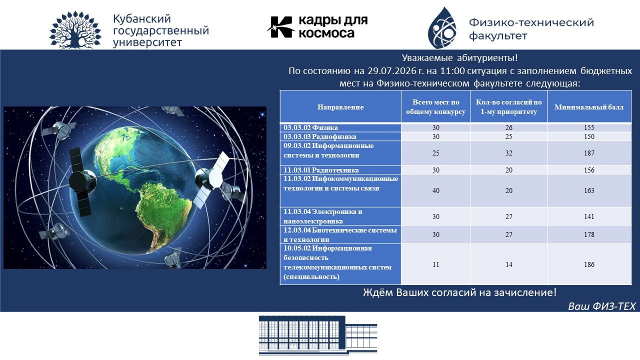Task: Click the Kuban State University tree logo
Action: click(x=75, y=29)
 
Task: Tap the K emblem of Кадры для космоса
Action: click(x=281, y=27)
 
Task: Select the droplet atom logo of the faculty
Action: click(x=442, y=27)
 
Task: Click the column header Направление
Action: click(x=340, y=107)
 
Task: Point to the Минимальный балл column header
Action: click(x=589, y=107)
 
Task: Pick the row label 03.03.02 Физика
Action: click(x=310, y=127)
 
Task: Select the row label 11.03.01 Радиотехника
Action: click(x=321, y=170)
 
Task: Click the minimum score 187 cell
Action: click(x=589, y=153)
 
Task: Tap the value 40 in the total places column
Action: click(x=435, y=190)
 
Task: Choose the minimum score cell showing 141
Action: click(x=589, y=216)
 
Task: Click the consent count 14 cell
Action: click(x=509, y=264)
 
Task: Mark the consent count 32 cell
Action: click(x=509, y=153)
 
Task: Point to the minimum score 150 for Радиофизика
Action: click(x=589, y=136)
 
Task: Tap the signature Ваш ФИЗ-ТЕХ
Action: click(x=601, y=306)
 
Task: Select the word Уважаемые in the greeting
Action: click(x=427, y=58)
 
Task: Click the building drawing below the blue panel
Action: click(x=318, y=335)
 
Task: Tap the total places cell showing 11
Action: click(x=435, y=264)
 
